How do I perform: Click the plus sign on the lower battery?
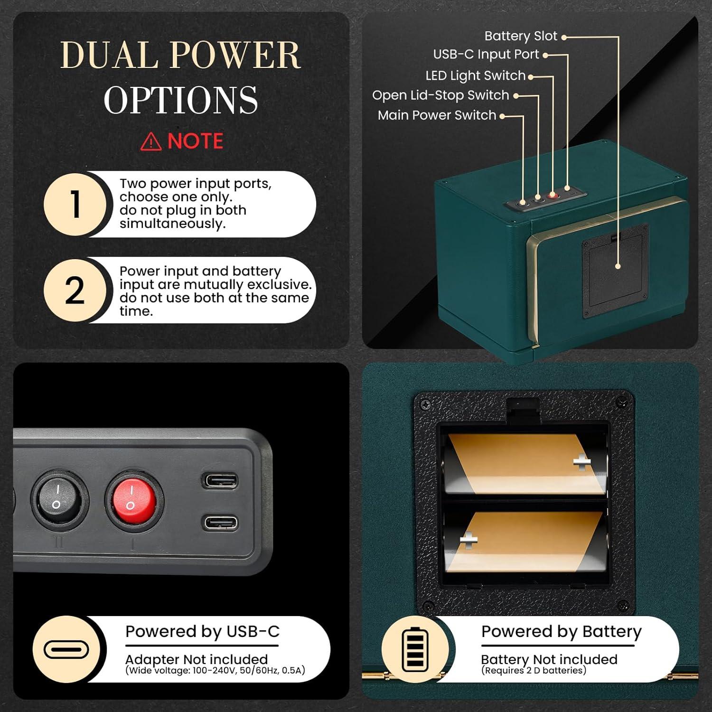(468, 539)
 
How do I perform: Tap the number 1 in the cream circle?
(76, 204)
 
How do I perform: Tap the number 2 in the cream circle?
(75, 290)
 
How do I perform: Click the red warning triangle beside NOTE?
(151, 141)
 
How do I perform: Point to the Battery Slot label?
(521, 36)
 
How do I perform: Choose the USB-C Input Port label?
(486, 55)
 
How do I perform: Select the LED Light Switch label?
(476, 75)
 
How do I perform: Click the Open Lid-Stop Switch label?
(440, 95)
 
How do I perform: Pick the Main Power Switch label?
(437, 115)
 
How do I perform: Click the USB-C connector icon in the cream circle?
(66, 650)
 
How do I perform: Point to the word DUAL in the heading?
(111, 55)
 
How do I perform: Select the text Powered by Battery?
(562, 632)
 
